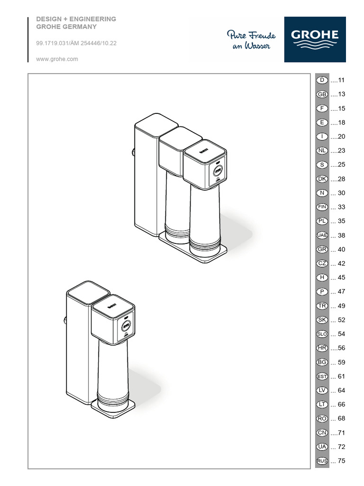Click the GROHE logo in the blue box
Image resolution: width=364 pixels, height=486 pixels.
pyautogui.click(x=315, y=39)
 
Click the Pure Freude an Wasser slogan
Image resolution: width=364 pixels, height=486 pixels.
pyautogui.click(x=251, y=40)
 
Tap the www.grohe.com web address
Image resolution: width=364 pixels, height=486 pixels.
pyautogui.click(x=57, y=59)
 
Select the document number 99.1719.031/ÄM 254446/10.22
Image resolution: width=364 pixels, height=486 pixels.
pyautogui.click(x=76, y=43)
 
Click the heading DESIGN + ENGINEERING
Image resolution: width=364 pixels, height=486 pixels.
pyautogui.click(x=76, y=19)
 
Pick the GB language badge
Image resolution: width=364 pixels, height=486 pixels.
pyautogui.click(x=322, y=94)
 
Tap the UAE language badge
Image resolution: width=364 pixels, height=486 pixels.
pyautogui.click(x=322, y=235)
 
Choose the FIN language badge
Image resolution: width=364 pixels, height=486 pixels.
pyautogui.click(x=322, y=207)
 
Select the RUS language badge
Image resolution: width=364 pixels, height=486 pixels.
pyautogui.click(x=322, y=461)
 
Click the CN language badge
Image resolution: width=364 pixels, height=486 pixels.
pyautogui.click(x=322, y=433)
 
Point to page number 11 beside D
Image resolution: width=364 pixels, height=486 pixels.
pyautogui.click(x=341, y=80)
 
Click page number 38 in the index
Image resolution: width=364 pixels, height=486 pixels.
pyautogui.click(x=341, y=235)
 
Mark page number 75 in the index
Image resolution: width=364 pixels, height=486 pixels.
pyautogui.click(x=341, y=461)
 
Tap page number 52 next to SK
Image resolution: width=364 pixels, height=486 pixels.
pyautogui.click(x=341, y=320)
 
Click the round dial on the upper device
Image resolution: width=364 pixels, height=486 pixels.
pyautogui.click(x=218, y=170)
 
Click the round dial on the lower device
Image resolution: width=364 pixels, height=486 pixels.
pyautogui.click(x=126, y=326)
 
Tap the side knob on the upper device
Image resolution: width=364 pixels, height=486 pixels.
pyautogui.click(x=133, y=152)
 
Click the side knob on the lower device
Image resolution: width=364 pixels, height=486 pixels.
pyautogui.click(x=65, y=320)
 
